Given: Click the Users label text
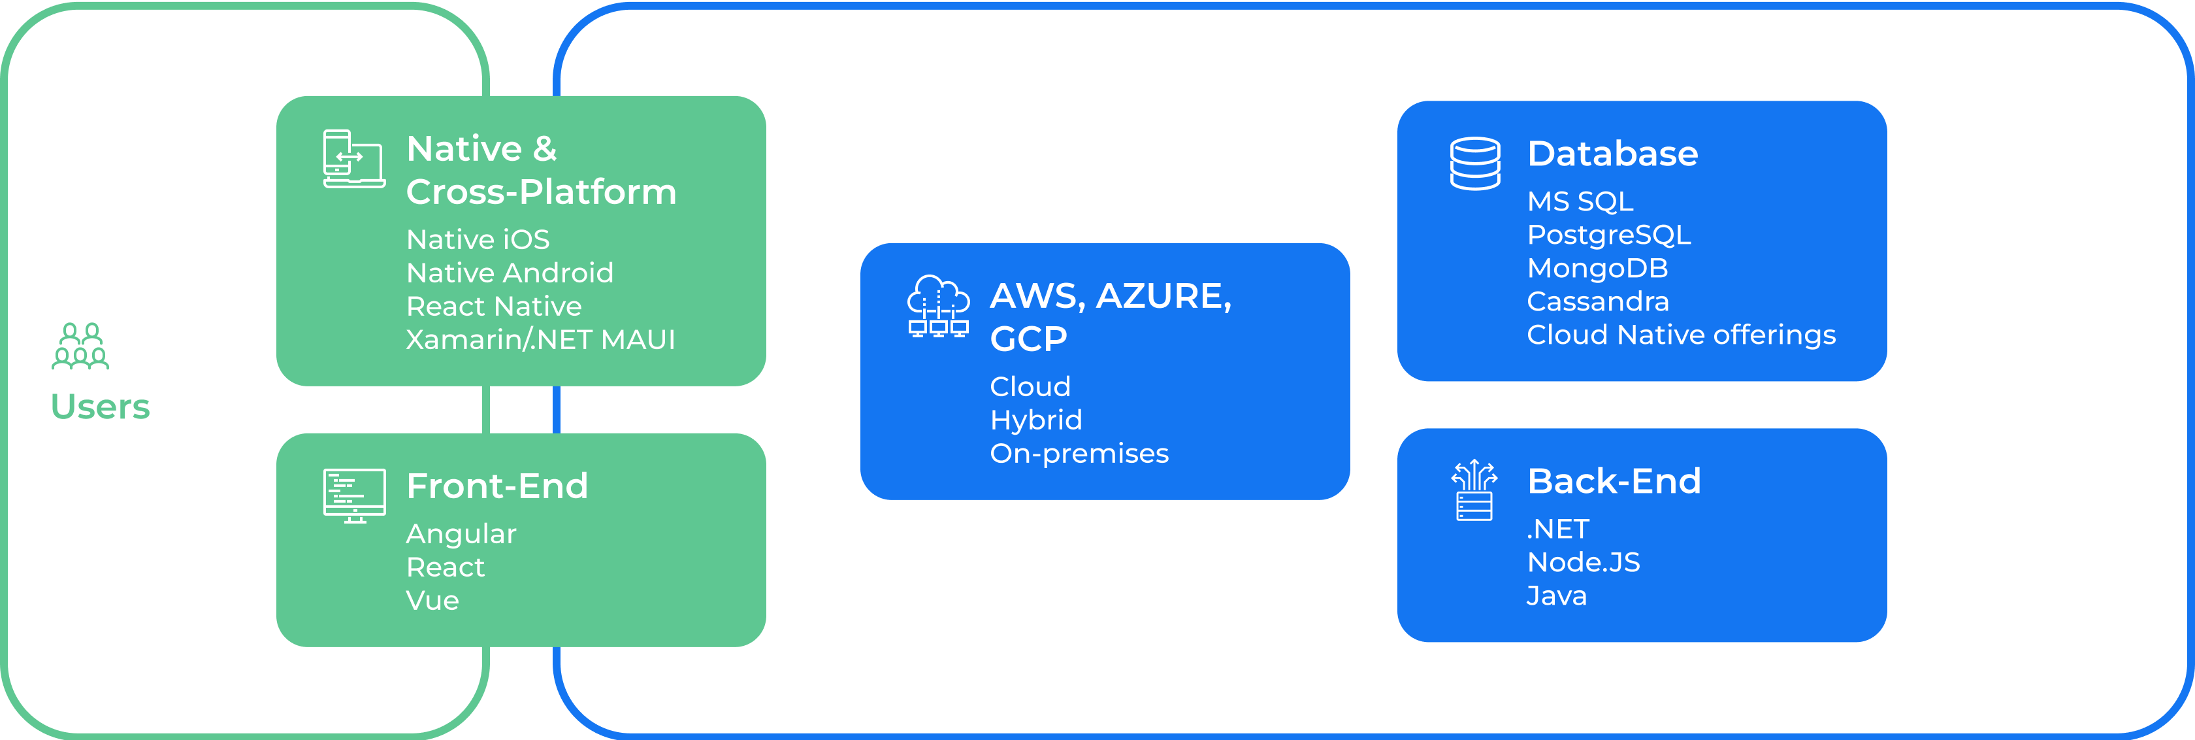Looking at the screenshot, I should pos(101,407).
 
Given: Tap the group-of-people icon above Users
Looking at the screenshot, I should pos(80,346).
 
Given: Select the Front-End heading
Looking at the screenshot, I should pos(496,486).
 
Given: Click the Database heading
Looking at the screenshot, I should pos(1612,154).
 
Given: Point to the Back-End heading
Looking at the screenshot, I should pos(1614,481).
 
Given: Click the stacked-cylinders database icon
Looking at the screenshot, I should pos(1475,163).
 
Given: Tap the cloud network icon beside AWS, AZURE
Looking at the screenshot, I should pos(938,306).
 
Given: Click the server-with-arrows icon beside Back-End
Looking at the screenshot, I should pos(1474,490).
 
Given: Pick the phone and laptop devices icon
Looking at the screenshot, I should pos(353,159).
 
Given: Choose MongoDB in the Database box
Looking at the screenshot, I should pos(1597,268).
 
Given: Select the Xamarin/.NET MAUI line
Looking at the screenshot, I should pos(540,339).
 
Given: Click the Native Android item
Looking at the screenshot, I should pos(510,273).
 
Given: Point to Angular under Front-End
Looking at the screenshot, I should pos(461,533).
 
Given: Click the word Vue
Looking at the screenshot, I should pos(432,600).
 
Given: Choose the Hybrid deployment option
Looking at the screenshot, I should pos(1035,420).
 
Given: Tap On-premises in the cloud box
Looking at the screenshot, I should pos(1079,453).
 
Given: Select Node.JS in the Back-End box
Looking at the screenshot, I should pos(1583,562).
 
